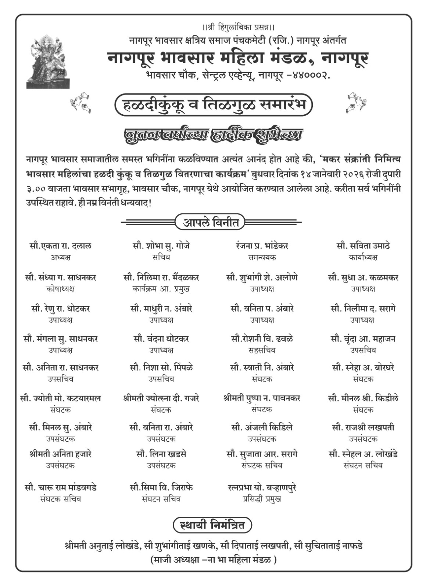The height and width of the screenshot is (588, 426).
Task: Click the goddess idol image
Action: (x=48, y=61)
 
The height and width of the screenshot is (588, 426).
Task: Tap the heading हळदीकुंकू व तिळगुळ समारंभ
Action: (x=213, y=105)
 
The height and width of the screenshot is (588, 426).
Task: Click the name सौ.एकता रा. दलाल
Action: (x=61, y=246)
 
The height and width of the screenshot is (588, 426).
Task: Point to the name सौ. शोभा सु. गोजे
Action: (x=161, y=246)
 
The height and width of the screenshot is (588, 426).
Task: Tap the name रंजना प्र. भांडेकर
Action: (x=262, y=246)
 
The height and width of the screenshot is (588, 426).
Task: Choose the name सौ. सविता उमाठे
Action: (x=363, y=246)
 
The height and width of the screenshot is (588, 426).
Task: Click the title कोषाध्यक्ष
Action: (x=61, y=289)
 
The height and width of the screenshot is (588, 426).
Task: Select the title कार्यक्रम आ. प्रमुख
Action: (x=161, y=289)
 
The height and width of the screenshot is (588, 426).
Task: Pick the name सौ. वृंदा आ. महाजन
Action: (x=363, y=339)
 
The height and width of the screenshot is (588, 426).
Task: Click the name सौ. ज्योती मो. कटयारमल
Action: (x=61, y=398)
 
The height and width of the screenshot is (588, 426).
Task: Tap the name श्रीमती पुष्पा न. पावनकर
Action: (x=262, y=398)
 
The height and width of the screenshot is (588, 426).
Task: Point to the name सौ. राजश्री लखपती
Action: (x=363, y=428)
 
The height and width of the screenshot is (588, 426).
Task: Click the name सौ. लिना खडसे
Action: (x=161, y=454)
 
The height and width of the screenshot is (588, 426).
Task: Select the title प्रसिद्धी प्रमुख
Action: (x=262, y=499)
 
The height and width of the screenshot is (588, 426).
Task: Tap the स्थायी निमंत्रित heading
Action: (x=212, y=525)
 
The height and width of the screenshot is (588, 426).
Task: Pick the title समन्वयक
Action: (x=262, y=257)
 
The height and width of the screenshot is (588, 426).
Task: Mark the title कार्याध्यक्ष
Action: (x=363, y=257)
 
